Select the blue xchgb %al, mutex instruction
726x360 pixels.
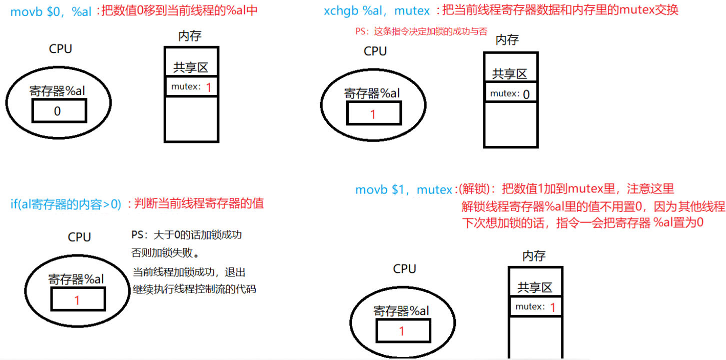pyautogui.click(x=377, y=10)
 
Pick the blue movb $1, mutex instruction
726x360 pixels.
pyautogui.click(x=403, y=189)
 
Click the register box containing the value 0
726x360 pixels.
pyautogui.click(x=59, y=110)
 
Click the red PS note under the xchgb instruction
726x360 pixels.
pyautogui.click(x=421, y=31)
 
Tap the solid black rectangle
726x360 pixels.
pyautogui.click(x=657, y=341)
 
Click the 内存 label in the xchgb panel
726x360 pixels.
pyautogui.click(x=507, y=40)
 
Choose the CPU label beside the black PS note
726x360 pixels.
pyautogui.click(x=79, y=236)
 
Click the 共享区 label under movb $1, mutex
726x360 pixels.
pyautogui.click(x=534, y=287)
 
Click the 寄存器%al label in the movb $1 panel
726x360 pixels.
pyautogui.click(x=401, y=310)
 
